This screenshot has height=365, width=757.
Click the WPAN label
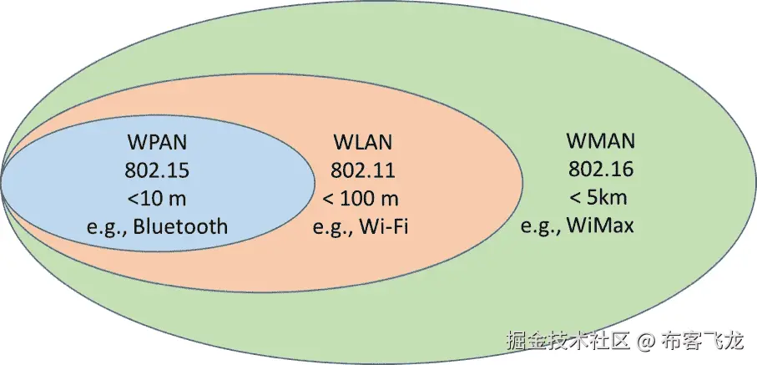tap(158, 140)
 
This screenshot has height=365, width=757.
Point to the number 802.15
tap(158, 170)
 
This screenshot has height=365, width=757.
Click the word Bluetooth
tap(179, 226)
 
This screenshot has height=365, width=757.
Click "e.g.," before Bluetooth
tap(108, 227)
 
